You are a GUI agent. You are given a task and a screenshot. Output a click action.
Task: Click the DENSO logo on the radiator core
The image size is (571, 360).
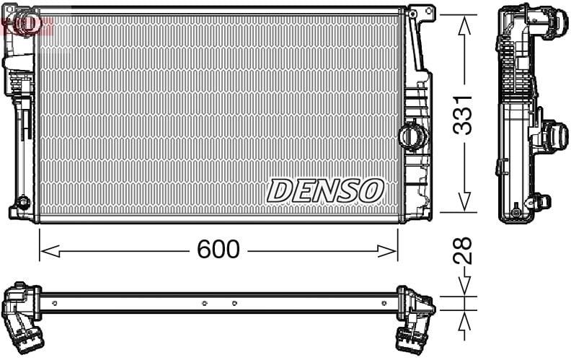click(x=325, y=190)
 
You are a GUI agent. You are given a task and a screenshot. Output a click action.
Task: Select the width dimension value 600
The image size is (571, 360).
click(x=218, y=249)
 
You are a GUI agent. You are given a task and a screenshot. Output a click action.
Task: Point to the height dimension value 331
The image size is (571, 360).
click(x=461, y=115)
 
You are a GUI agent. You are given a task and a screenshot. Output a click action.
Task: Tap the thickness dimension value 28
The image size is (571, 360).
click(x=462, y=250)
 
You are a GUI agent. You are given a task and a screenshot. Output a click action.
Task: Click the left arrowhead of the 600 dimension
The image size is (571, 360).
click(x=50, y=251)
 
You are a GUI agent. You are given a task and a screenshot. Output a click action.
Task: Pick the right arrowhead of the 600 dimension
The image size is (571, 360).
click(x=387, y=251)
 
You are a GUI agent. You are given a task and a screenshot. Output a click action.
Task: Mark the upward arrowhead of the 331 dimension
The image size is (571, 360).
click(x=464, y=25)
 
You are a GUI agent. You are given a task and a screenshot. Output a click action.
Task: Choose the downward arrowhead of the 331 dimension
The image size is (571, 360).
click(x=464, y=201)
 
